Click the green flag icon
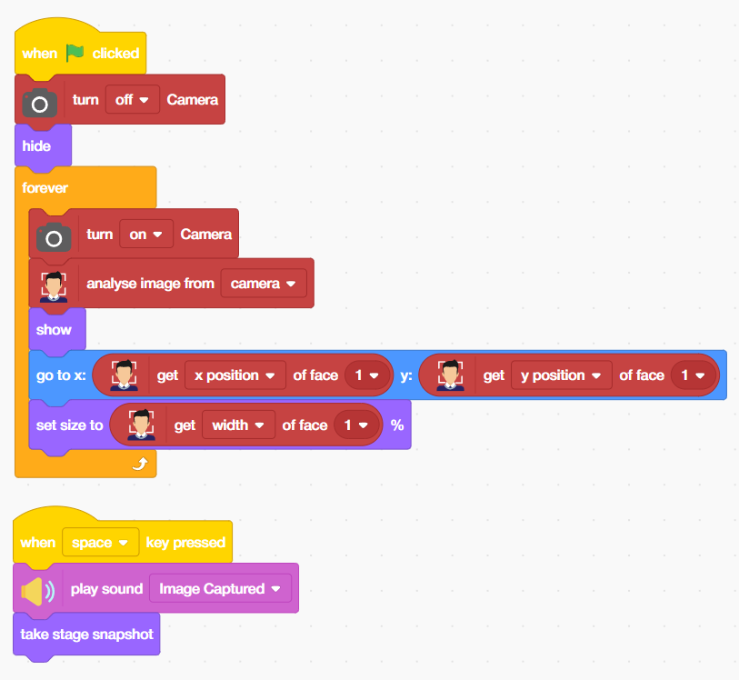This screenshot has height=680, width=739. [75, 53]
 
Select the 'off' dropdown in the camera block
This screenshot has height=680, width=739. [133, 99]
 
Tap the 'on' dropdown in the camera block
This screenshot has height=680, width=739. [146, 234]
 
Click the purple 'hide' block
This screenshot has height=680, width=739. [37, 145]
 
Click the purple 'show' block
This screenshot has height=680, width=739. [54, 329]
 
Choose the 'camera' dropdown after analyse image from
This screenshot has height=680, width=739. [263, 284]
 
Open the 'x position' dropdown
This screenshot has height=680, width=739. [234, 375]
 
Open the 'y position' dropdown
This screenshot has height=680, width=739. [560, 375]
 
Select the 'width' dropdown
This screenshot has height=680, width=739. [238, 425]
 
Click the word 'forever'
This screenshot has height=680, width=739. [45, 188]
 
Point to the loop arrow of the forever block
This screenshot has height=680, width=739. [140, 464]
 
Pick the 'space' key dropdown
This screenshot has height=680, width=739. [100, 543]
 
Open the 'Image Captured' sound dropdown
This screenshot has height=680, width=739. [220, 589]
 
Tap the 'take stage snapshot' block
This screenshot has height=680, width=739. [86, 634]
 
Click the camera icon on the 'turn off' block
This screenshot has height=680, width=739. [40, 102]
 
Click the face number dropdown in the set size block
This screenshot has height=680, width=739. [355, 425]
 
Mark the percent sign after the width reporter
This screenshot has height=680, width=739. [397, 425]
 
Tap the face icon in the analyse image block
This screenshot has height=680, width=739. [54, 285]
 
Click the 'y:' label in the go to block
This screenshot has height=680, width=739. [405, 375]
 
